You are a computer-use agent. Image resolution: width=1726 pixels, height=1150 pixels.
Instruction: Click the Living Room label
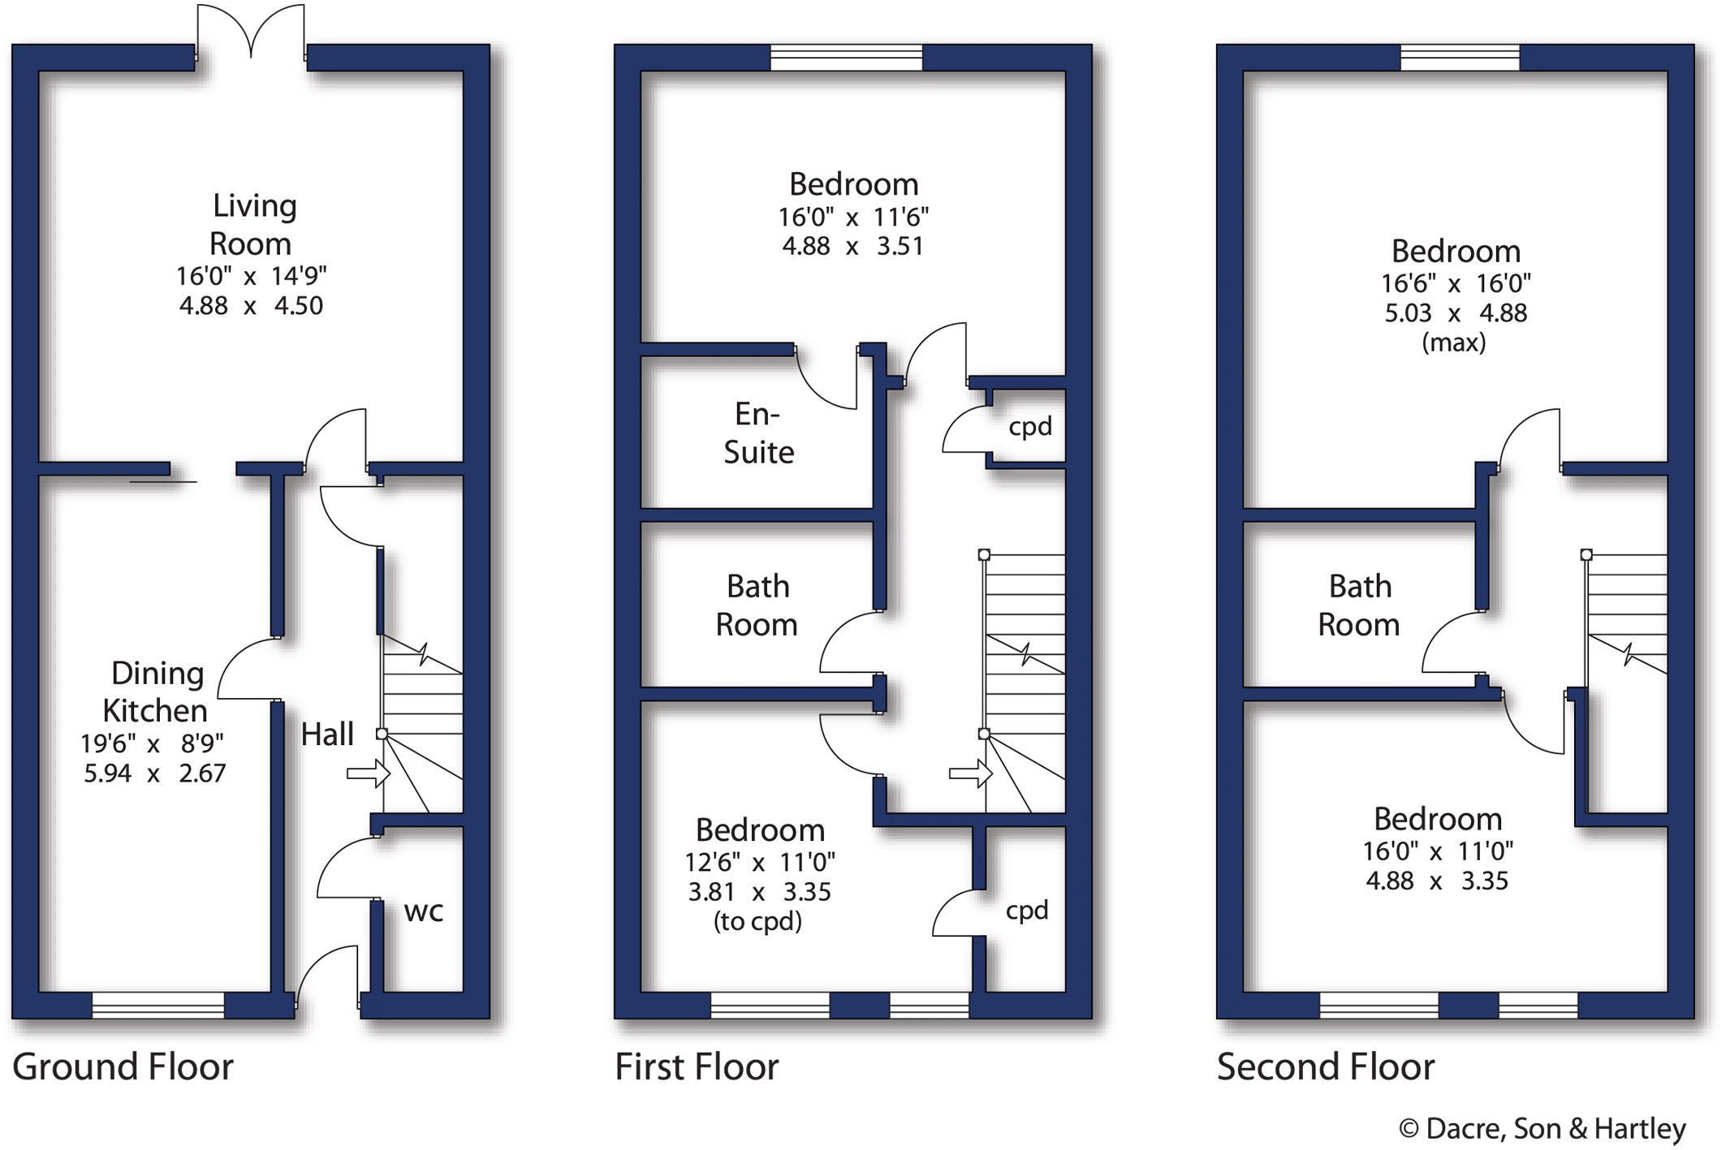tap(252, 224)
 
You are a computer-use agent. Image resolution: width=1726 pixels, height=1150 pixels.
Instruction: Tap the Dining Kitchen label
tap(157, 691)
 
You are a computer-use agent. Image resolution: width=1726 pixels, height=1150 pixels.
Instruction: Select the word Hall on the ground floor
tap(327, 734)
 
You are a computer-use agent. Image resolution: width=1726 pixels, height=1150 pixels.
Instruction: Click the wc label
tap(424, 911)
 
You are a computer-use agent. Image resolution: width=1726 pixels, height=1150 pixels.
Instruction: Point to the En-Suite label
tap(758, 433)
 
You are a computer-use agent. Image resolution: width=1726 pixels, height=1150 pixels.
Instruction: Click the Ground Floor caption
tap(123, 1066)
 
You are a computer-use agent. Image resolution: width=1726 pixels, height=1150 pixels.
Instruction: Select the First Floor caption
tap(697, 1066)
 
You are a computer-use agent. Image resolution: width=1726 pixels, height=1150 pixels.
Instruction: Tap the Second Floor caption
tap(1326, 1066)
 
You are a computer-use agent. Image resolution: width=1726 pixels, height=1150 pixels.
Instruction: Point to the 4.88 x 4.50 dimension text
tap(251, 306)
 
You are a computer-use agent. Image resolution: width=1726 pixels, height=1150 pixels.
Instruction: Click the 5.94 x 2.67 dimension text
tap(155, 773)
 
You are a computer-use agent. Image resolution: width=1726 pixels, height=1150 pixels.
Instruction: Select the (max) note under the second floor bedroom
tap(1454, 342)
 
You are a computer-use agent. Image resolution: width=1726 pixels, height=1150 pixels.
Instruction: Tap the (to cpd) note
tap(757, 921)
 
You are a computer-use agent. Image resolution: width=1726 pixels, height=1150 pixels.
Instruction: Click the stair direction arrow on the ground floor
tap(369, 774)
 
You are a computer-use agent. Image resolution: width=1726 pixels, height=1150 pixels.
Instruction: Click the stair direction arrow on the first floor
tap(971, 774)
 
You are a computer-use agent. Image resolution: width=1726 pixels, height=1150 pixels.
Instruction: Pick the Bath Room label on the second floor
tap(1359, 605)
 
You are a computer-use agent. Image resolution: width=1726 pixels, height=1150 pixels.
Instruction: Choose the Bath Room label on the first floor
tap(757, 605)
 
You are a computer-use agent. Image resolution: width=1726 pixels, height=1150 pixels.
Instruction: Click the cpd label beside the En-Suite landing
tap(1030, 428)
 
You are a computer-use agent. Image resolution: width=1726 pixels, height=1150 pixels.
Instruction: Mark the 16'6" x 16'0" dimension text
tap(1456, 284)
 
